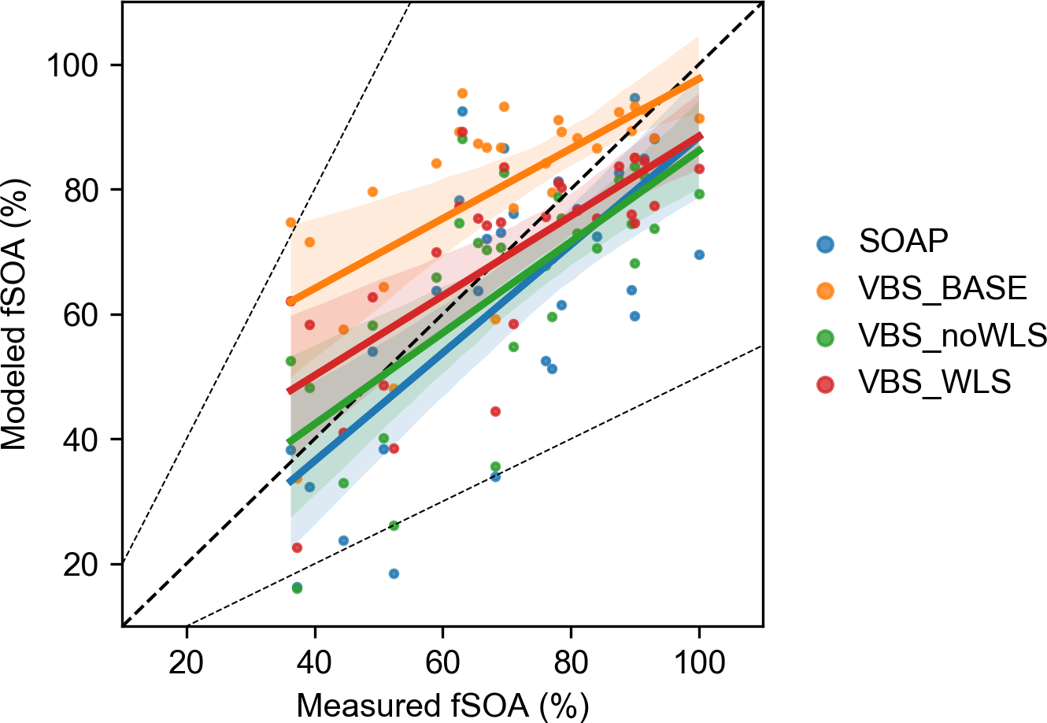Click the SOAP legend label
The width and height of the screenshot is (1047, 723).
tap(904, 241)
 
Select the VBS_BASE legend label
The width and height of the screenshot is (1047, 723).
tap(942, 288)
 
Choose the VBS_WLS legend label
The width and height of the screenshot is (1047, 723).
tap(934, 383)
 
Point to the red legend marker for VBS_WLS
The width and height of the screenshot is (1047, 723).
tap(825, 384)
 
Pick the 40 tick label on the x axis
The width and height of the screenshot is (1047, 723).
tap(315, 662)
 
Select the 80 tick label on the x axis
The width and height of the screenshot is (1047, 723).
tap(571, 662)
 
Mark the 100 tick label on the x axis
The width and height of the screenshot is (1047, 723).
tap(699, 662)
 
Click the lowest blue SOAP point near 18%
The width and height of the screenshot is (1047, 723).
tap(394, 573)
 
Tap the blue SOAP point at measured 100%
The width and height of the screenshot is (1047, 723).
tap(699, 254)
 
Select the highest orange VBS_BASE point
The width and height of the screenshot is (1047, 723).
tap(462, 93)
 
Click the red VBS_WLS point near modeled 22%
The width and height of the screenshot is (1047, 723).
tap(297, 547)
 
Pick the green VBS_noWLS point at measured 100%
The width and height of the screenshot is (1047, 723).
tap(699, 194)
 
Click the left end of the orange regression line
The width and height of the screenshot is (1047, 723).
tap(290, 301)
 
